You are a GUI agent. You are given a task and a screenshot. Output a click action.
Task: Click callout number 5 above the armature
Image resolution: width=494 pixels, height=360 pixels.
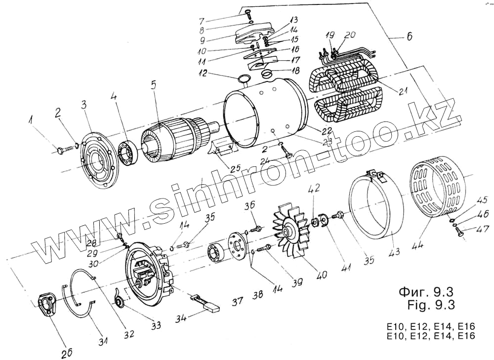(154, 84)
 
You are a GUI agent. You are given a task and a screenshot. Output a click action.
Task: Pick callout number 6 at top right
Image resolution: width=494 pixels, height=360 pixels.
(410, 36)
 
